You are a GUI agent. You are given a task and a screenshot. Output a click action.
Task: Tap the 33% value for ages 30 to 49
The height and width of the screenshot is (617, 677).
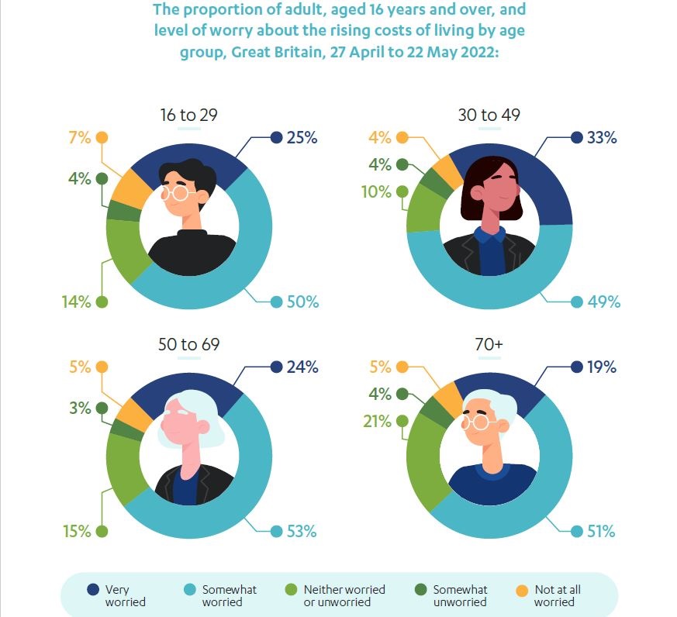point(603,138)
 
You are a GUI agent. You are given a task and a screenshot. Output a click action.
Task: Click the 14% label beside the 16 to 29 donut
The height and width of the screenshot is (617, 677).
point(77,302)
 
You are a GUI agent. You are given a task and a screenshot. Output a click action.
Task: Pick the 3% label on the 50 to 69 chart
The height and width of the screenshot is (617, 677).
point(80,408)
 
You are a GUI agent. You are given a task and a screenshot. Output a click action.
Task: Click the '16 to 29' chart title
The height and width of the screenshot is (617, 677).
point(188,115)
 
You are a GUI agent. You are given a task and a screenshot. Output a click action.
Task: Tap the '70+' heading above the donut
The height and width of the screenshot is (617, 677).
point(488,345)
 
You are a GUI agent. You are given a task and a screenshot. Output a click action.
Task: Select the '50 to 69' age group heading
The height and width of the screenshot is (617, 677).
point(188,345)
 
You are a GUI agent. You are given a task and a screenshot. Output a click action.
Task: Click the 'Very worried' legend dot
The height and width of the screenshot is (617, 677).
point(93,590)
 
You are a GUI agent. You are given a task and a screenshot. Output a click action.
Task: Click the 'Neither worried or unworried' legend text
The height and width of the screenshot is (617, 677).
point(344,595)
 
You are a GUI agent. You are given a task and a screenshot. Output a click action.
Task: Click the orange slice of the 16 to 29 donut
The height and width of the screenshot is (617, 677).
point(127,186)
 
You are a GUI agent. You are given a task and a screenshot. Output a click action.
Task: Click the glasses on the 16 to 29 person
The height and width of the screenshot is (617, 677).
point(179,192)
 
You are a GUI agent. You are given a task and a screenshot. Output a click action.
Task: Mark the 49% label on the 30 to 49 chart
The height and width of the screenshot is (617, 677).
point(604,302)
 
